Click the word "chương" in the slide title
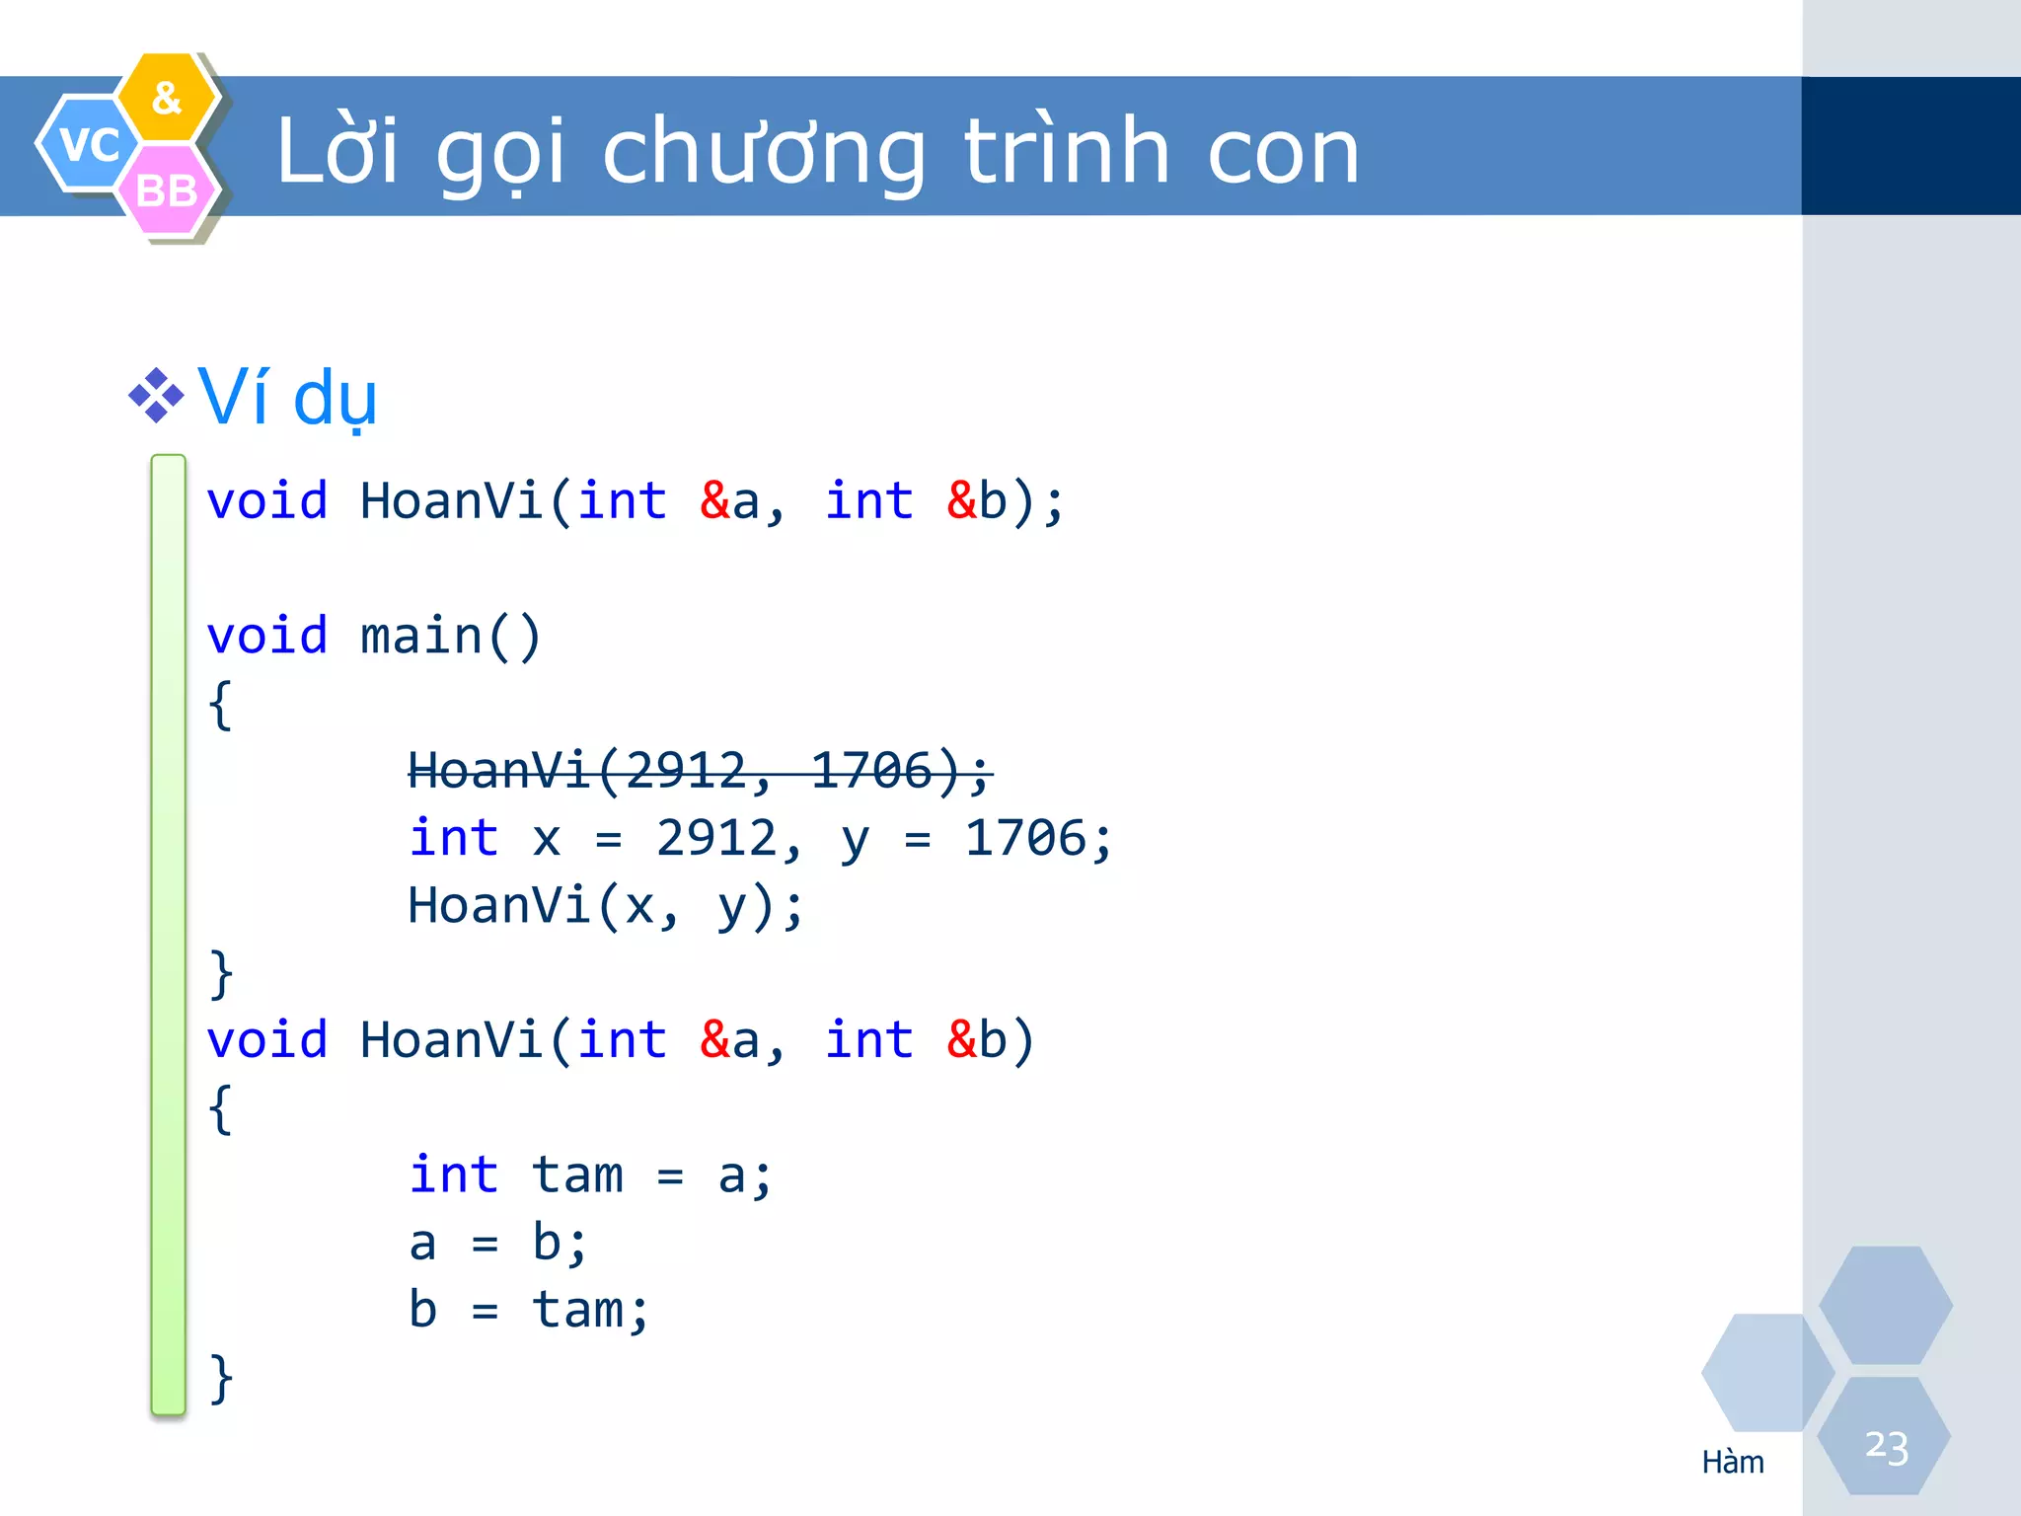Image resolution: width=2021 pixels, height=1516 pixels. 764,153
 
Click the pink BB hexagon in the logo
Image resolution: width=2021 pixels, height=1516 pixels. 167,190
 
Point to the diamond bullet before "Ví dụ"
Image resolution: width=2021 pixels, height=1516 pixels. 156,396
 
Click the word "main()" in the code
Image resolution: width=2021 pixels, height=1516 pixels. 451,636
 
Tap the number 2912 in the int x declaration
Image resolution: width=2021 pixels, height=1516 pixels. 717,839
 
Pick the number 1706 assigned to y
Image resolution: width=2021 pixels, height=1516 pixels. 1025,839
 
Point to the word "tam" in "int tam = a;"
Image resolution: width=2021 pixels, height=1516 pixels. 577,1175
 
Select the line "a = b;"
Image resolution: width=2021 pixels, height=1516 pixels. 498,1243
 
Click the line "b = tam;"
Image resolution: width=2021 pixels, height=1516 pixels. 529,1311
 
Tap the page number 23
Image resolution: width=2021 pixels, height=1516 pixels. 1886,1447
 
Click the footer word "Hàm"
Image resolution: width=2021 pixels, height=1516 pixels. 1733,1462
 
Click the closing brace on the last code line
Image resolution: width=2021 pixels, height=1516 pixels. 221,1378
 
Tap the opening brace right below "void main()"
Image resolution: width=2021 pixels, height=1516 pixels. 221,705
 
